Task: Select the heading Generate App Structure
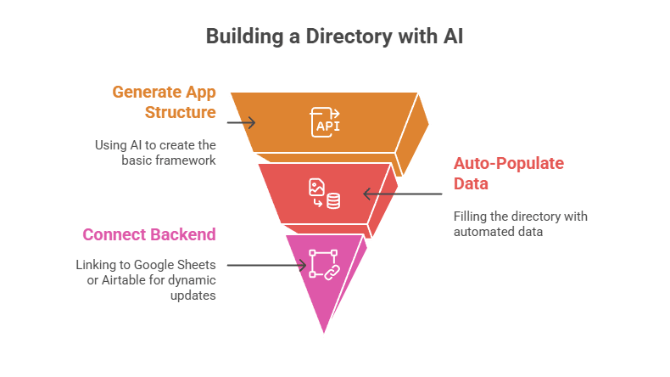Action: pos(165,101)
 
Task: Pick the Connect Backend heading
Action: pos(148,234)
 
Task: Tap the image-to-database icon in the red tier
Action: pos(325,194)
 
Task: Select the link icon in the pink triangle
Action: pos(323,264)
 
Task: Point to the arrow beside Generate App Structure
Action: pos(241,122)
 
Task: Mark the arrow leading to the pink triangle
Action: pos(266,265)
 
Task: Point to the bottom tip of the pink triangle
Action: pos(324,334)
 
